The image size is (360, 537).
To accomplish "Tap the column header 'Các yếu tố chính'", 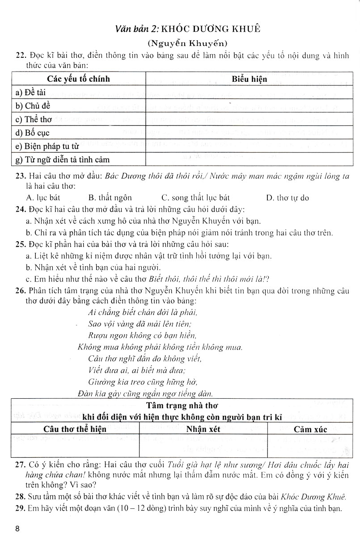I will pos(78,79).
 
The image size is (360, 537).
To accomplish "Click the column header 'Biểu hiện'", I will pos(250,79).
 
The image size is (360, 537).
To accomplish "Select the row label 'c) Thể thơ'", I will pos(34,119).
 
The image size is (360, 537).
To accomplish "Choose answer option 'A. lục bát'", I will pos(43,197).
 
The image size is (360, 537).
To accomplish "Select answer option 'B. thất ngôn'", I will pos(110,197).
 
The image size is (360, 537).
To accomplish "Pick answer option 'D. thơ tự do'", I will pos(287,197).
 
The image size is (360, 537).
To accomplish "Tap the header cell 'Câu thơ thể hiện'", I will pos(75,429).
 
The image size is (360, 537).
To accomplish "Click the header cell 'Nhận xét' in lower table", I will pos(203,429).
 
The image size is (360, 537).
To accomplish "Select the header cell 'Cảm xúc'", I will pos(310,429).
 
